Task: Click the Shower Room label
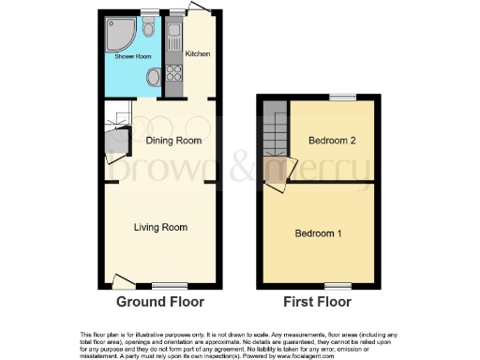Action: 133,57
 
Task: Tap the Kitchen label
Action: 197,53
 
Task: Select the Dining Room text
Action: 174,141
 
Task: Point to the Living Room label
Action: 161,227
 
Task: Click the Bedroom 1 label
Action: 319,232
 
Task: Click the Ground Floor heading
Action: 161,302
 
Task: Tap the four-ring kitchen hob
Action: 174,70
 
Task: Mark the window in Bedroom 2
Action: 342,97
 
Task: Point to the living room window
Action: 165,284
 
